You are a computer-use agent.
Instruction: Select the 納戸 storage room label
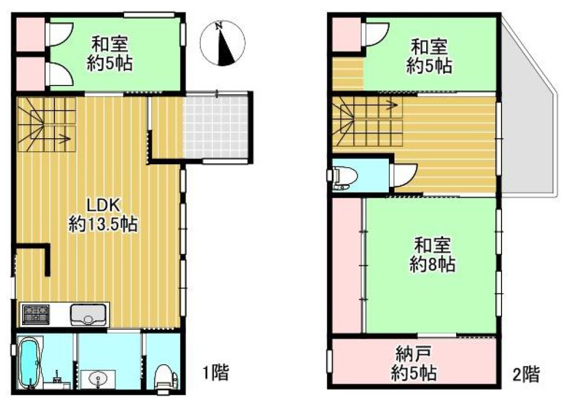click(414, 355)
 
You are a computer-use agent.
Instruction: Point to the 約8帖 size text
click(433, 265)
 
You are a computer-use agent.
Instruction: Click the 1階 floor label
click(216, 373)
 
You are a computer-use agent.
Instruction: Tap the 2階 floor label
click(526, 373)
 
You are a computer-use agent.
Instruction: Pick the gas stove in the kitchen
click(36, 312)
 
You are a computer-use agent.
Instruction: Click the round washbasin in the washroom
click(97, 377)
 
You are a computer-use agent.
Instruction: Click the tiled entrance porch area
click(217, 125)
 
